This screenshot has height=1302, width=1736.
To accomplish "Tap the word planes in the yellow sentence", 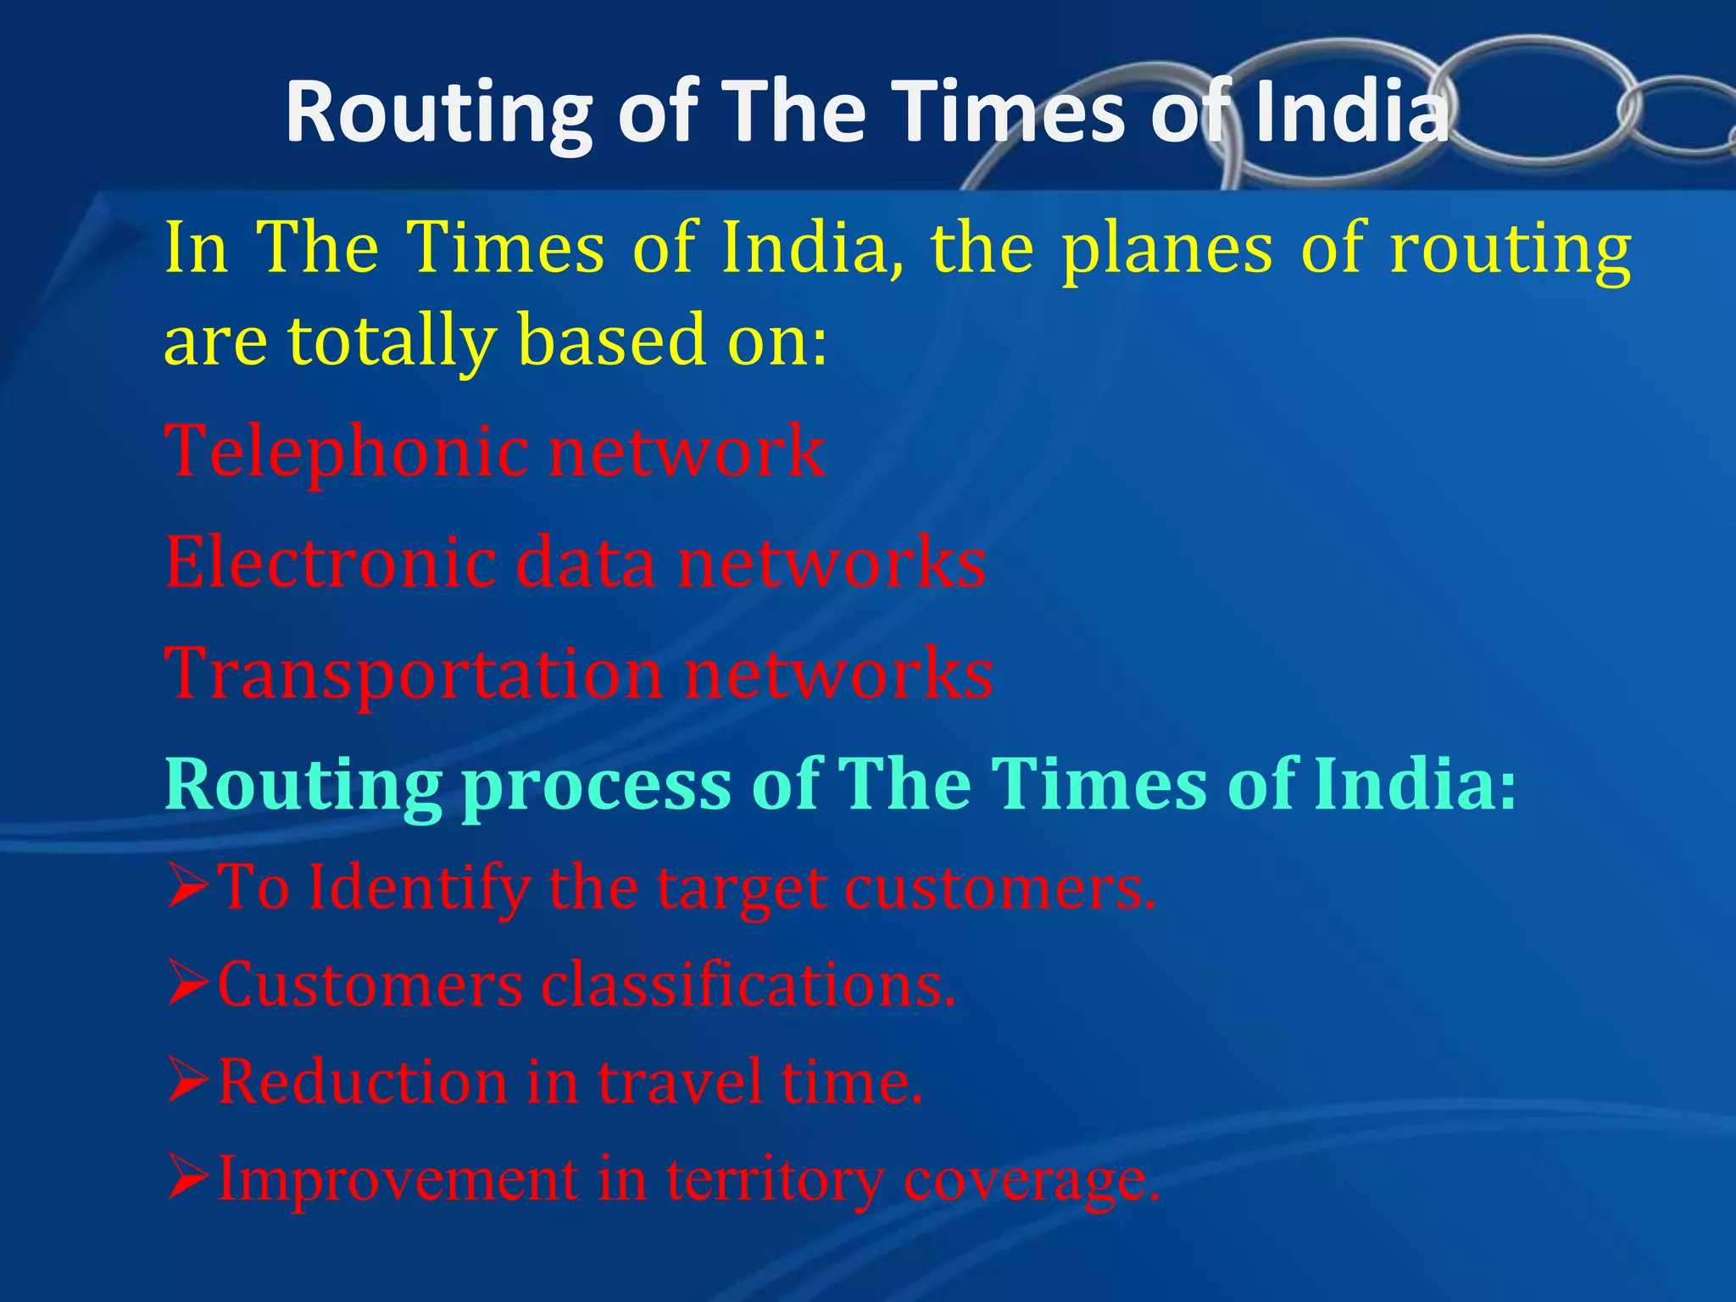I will [x=1167, y=249].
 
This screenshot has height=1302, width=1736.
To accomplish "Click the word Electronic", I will [x=331, y=563].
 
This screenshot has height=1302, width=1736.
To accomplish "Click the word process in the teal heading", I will [x=597, y=784].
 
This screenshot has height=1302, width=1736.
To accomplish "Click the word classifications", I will [x=748, y=985].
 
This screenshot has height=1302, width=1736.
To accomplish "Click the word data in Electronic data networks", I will [x=586, y=563].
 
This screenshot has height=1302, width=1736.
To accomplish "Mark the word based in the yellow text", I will [x=611, y=341].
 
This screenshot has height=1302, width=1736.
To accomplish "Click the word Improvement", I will [x=398, y=1181].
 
